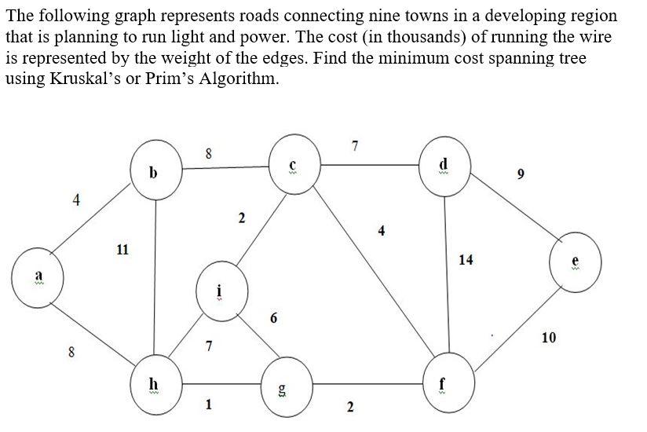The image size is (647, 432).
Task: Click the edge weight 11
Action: (122, 250)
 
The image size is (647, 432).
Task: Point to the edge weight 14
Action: (466, 260)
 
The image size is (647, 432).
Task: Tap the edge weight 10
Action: (549, 338)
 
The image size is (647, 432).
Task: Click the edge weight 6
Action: (272, 318)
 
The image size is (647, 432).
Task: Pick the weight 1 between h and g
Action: (208, 405)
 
